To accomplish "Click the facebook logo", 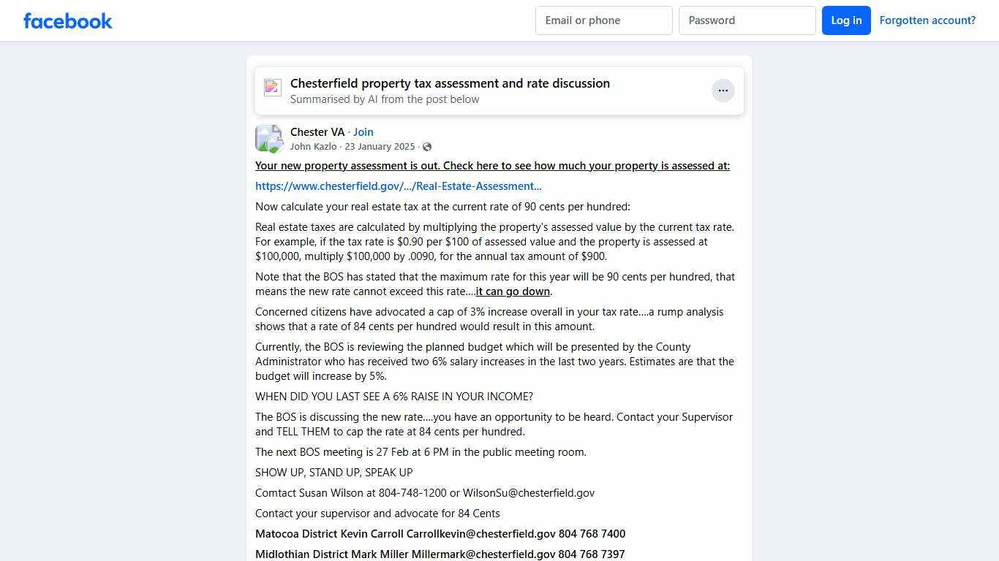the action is coord(68,20).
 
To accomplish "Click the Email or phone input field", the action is coord(603,20).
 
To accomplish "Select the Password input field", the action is coord(747,20).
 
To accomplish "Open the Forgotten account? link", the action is coord(927,20).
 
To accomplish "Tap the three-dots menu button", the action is coord(723,91).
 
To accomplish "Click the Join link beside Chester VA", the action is coord(363,132).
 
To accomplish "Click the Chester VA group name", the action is coord(317,132).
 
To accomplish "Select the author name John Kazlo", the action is coord(313,147).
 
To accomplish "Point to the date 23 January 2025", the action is coord(380,147).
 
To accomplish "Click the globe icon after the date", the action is coord(427,147).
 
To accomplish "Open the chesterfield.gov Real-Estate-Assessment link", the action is coord(399,186).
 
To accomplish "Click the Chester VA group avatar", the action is coord(269,139).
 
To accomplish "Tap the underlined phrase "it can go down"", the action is coord(513,291).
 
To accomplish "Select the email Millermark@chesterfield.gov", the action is coord(483,554).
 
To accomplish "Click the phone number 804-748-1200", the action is coord(412,493).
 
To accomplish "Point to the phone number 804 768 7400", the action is coord(592,534).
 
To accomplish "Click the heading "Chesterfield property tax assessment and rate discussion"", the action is coord(450,83).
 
